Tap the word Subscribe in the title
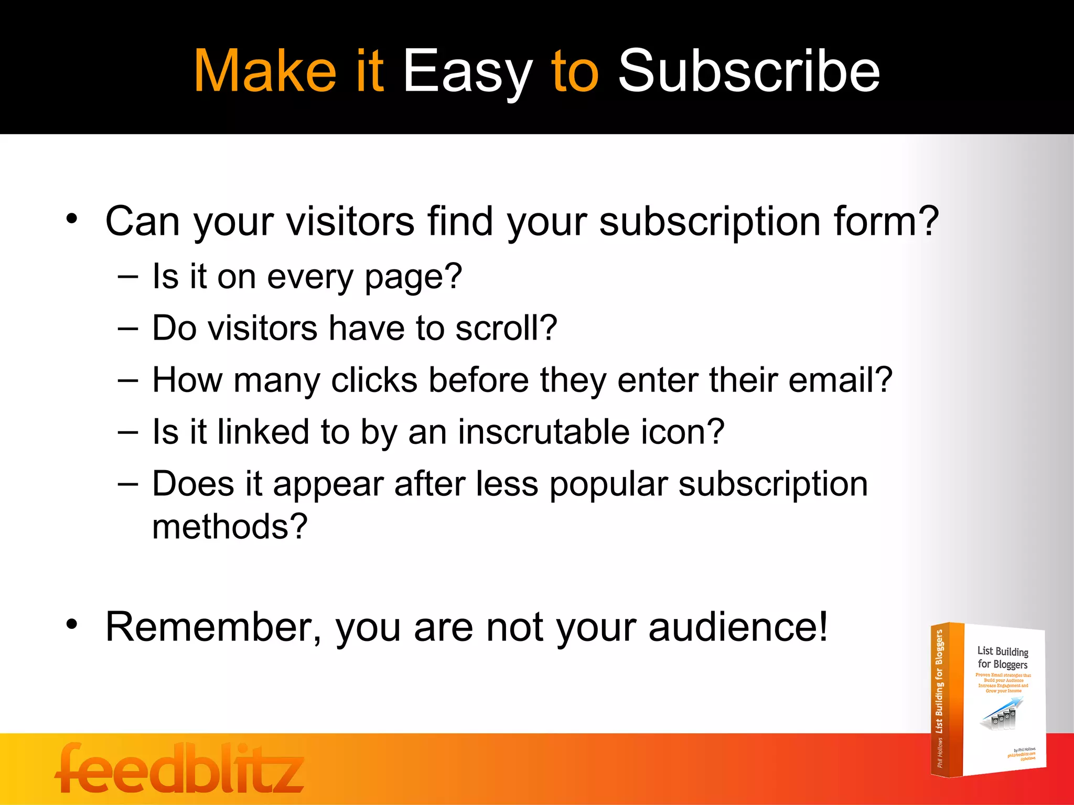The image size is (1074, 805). pyautogui.click(x=749, y=72)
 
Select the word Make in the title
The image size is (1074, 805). pyautogui.click(x=265, y=72)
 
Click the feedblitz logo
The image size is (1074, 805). pyautogui.click(x=179, y=768)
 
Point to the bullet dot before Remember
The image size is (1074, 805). pyautogui.click(x=72, y=624)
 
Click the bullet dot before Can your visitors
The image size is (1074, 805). pyautogui.click(x=72, y=219)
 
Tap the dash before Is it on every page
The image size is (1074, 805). pyautogui.click(x=128, y=276)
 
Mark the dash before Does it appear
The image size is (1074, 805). pyautogui.click(x=128, y=483)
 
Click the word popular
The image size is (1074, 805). pyautogui.click(x=608, y=484)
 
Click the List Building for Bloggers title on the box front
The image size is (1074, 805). pyautogui.click(x=1002, y=658)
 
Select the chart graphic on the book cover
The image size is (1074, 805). pyautogui.click(x=1002, y=714)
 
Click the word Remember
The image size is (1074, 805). pyautogui.click(x=210, y=627)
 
